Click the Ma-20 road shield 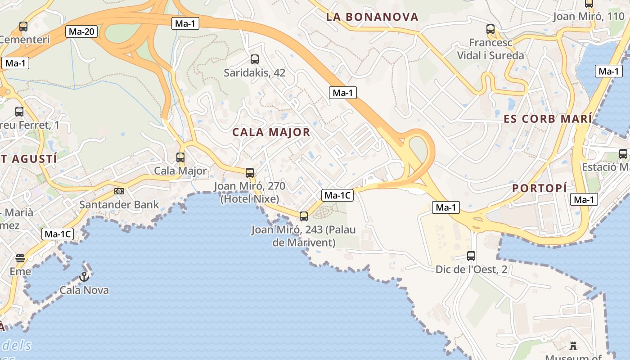[81, 31]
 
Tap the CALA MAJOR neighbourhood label [271, 132]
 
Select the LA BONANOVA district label [372, 17]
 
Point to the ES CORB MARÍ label [548, 119]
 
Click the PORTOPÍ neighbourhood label [540, 189]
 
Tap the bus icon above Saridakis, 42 [255, 59]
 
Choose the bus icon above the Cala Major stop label [180, 157]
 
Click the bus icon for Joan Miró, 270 [250, 173]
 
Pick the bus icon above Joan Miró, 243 [304, 216]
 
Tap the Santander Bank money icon [119, 191]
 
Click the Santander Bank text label [119, 205]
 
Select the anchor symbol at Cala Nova [84, 277]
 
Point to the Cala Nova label [84, 290]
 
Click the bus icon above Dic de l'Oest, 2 [471, 256]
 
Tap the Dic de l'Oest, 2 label [471, 270]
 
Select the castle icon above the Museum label [573, 346]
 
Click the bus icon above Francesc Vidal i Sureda [490, 29]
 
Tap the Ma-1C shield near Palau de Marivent [337, 195]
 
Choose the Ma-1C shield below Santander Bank [57, 234]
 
